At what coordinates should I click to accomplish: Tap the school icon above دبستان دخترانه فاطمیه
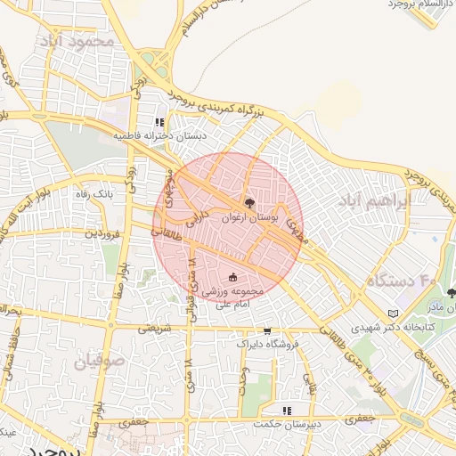click(x=159, y=123)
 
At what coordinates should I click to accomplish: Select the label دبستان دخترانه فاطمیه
click(x=159, y=136)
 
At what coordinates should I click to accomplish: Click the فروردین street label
click(x=102, y=233)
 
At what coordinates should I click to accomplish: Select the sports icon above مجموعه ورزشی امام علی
click(x=233, y=278)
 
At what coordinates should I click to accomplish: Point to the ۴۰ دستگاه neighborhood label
click(x=401, y=281)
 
